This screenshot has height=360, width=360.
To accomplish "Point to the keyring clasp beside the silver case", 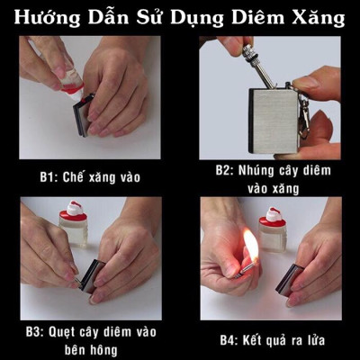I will tap(309, 115).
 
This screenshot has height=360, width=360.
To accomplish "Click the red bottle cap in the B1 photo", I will tap(73, 88).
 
